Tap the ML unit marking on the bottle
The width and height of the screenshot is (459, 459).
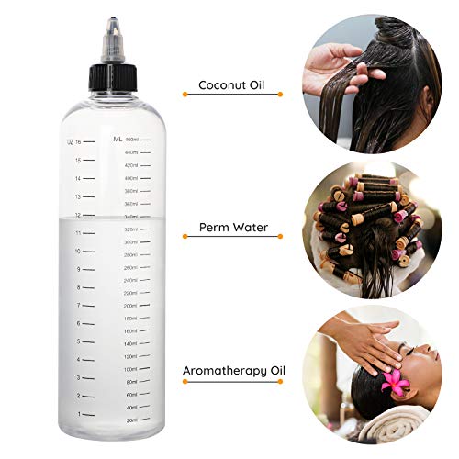118,139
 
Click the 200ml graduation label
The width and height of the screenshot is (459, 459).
130,306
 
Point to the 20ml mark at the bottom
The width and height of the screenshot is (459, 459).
131,420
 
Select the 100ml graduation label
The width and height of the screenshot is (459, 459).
130,369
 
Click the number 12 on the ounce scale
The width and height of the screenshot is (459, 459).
78,214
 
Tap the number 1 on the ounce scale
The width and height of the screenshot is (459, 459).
79,413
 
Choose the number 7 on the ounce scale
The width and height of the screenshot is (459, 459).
79,305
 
